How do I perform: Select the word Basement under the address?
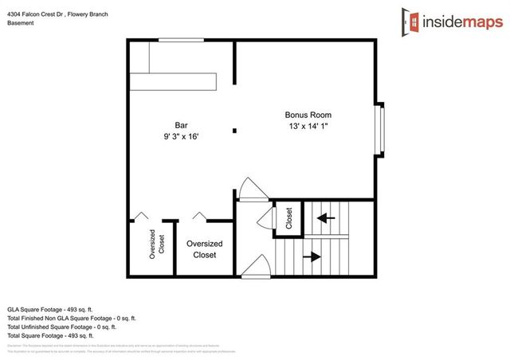point(22,23)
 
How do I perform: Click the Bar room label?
point(182,125)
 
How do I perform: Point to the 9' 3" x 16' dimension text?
point(182,136)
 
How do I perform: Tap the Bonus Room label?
point(309,115)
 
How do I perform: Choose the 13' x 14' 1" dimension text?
point(309,127)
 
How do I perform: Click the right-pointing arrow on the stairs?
point(312,256)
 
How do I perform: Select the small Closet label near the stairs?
point(288,219)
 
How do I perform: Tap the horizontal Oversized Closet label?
point(204,249)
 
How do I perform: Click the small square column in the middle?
point(233,130)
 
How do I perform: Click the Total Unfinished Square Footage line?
point(61,327)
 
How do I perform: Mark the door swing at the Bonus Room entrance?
point(250,190)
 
